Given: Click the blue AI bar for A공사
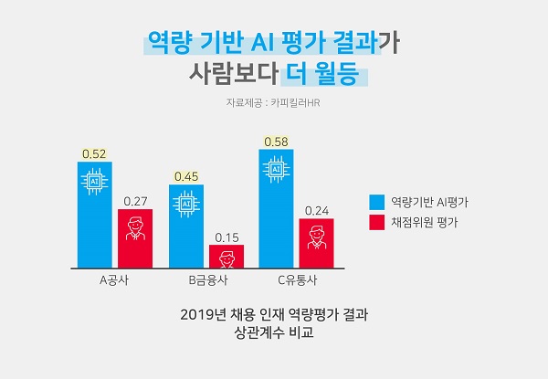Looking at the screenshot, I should point(94,216).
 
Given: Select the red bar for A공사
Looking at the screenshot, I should point(135,239).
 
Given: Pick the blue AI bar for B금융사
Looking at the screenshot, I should point(185,226).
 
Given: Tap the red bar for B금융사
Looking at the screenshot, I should point(227,257).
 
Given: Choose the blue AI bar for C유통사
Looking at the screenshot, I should point(276,210).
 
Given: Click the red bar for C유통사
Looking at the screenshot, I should point(317,244).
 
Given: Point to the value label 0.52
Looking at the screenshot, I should point(94,154).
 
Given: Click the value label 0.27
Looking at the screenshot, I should point(135,201).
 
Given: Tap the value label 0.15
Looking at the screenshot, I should point(227,237).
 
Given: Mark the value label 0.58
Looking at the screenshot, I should point(276,142).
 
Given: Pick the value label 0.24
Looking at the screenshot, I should point(317,210).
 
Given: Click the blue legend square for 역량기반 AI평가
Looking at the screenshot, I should point(376,201).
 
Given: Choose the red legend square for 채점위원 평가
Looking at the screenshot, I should point(376,222).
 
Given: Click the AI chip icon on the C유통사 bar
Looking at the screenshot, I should point(276,169).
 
